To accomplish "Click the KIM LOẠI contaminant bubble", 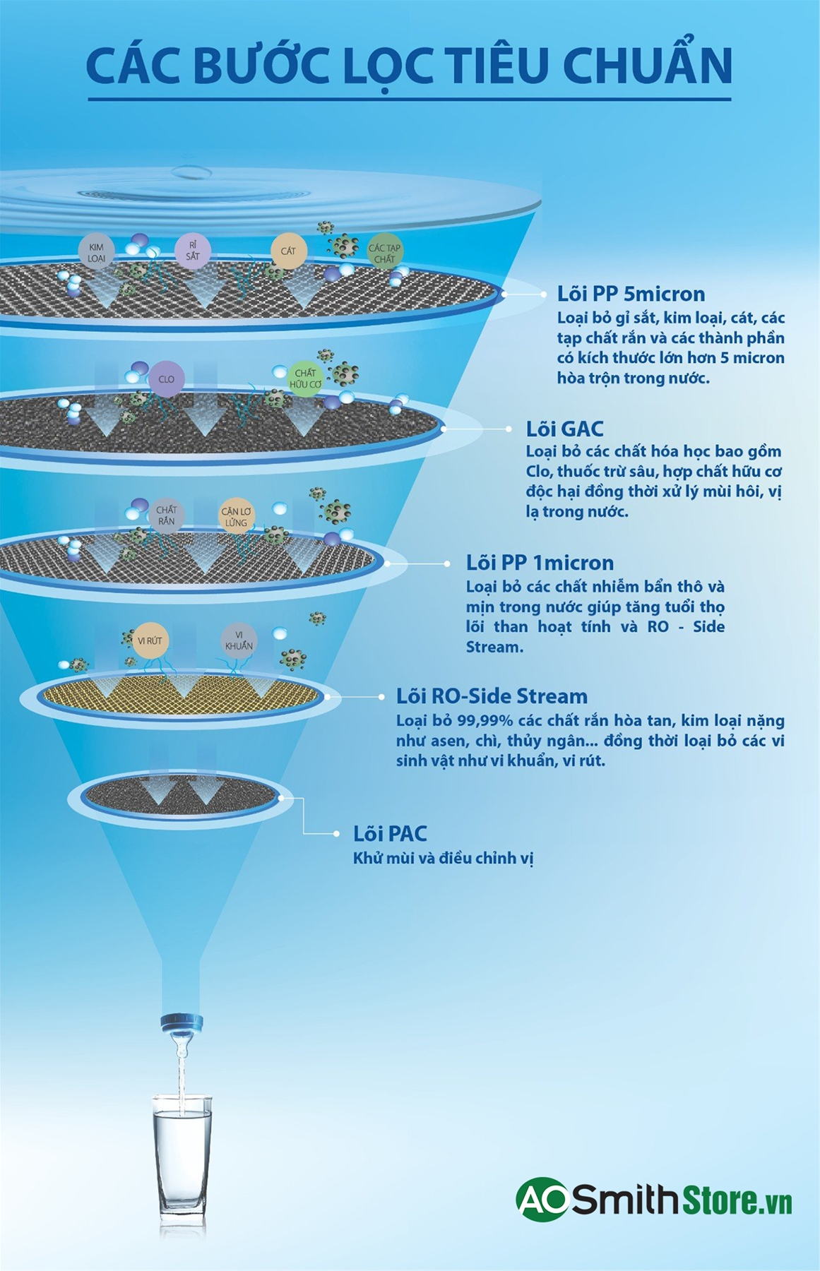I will pyautogui.click(x=96, y=253).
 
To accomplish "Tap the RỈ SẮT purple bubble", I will pyautogui.click(x=193, y=251).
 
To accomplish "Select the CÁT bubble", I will pyautogui.click(x=288, y=251).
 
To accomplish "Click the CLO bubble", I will pyautogui.click(x=166, y=379).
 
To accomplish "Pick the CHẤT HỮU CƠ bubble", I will pyautogui.click(x=305, y=378).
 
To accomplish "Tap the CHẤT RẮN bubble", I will pyautogui.click(x=167, y=515).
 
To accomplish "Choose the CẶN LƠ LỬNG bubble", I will pyautogui.click(x=236, y=517).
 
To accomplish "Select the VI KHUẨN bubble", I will pyautogui.click(x=239, y=640).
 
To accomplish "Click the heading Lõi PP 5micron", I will pyautogui.click(x=631, y=294).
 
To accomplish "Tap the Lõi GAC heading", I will pyautogui.click(x=564, y=429).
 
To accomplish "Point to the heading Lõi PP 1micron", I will pyautogui.click(x=540, y=563).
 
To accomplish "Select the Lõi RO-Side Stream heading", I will pyautogui.click(x=492, y=696).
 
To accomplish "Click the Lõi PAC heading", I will pyautogui.click(x=390, y=834).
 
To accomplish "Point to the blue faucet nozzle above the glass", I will pyautogui.click(x=182, y=1022).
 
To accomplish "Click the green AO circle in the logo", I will pyautogui.click(x=543, y=1198).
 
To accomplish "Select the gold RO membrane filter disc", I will pyautogui.click(x=182, y=695).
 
